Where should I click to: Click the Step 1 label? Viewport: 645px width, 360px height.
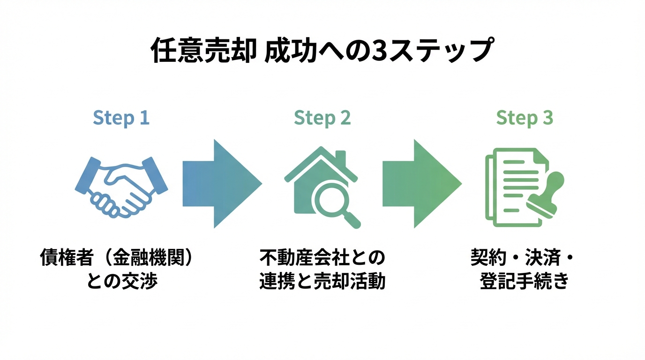[121, 118]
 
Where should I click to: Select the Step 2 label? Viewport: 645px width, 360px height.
[322, 118]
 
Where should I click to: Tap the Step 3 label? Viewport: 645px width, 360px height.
[525, 118]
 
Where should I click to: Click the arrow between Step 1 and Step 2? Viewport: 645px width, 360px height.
[221, 183]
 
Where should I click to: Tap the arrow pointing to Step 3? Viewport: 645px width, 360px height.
[421, 183]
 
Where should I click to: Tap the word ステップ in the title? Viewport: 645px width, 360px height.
[439, 51]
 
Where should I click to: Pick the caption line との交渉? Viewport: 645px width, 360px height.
[121, 281]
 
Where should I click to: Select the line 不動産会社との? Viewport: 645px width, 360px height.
[322, 258]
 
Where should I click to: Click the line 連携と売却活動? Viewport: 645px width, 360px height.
[322, 281]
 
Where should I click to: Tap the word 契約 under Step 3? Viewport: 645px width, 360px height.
[487, 258]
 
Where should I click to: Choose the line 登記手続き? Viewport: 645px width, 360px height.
[524, 281]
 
